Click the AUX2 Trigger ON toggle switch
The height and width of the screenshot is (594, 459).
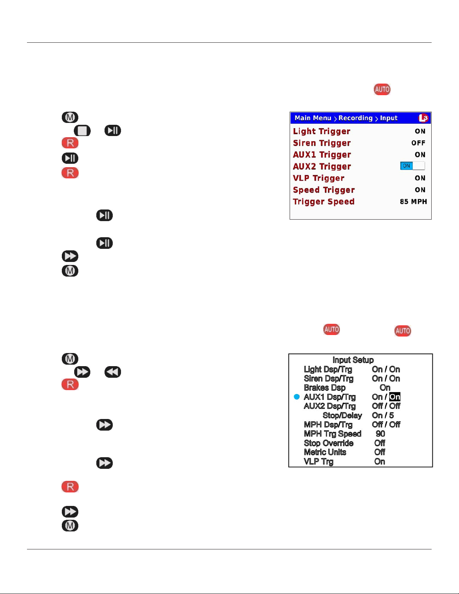pos(412,166)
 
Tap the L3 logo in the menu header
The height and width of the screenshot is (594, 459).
pos(423,118)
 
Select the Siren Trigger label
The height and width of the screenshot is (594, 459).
pos(321,143)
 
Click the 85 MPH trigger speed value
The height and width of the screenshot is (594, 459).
pos(413,202)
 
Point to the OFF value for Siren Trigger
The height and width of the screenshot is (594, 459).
pos(418,143)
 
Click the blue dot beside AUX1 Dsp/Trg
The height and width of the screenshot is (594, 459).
pos(297,397)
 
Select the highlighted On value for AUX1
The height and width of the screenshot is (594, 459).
pos(395,397)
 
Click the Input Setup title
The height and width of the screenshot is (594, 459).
pos(353,360)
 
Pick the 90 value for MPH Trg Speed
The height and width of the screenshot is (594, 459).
pos(380,434)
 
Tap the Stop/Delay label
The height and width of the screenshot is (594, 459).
pos(342,416)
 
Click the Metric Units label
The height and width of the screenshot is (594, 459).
pos(325,452)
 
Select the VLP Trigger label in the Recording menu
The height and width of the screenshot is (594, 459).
pos(318,178)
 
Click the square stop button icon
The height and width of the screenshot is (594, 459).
pos(82,131)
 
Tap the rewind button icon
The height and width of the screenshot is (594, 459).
pos(112,372)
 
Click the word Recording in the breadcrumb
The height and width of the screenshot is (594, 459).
pos(356,118)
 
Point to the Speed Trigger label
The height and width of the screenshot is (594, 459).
pos(324,190)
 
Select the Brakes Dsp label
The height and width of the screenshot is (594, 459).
pos(324,388)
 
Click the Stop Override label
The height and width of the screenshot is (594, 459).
pos(329,443)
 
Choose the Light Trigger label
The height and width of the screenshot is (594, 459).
pos(321,132)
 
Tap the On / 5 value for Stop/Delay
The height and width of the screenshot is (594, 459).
pos(383,416)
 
